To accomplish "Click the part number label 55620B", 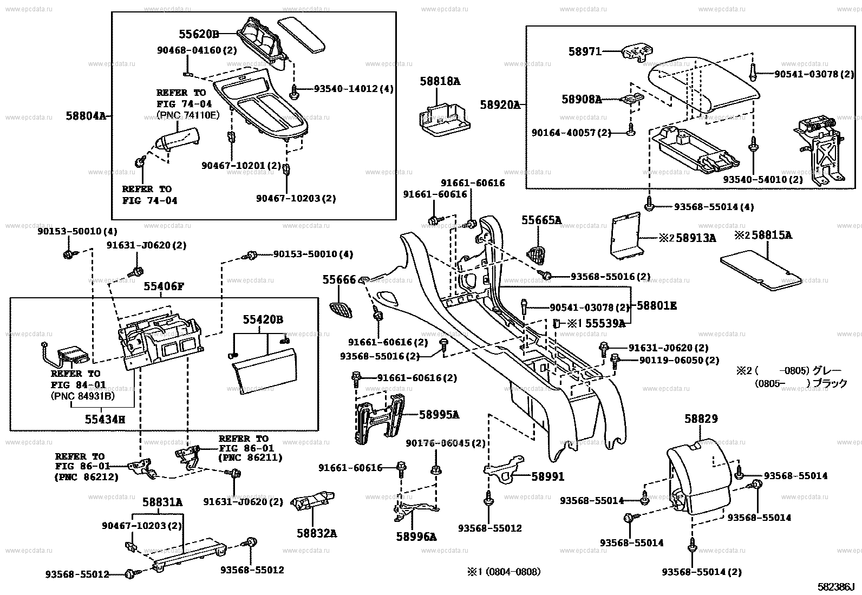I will pos(199,34).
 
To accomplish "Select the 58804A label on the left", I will pos(86,116).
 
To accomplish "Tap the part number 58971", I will pos(585,51).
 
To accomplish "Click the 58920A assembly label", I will pos(500,104).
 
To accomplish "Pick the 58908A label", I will pos(582,99).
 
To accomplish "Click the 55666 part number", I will pos(339,279).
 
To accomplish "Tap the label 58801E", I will pos(656,306).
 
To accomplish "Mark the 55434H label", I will pos(105,419).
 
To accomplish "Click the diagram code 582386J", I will pos(835,587).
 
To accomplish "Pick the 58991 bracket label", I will pos(547,476).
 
